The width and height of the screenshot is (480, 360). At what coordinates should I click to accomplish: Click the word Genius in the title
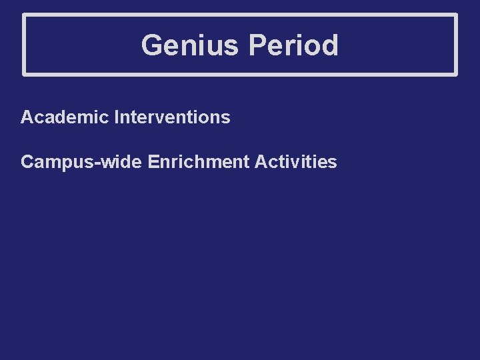point(190,46)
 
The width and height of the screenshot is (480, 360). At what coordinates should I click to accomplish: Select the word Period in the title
point(293,46)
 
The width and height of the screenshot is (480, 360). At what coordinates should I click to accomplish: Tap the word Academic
point(65,118)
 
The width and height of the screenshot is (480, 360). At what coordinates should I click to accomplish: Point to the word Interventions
point(172,118)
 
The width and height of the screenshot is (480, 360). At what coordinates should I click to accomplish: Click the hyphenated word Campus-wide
point(81,162)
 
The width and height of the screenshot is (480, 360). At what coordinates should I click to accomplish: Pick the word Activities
point(295,162)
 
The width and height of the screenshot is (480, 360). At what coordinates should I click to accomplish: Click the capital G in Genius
point(151,46)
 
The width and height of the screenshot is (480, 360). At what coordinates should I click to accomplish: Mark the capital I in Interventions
point(117,118)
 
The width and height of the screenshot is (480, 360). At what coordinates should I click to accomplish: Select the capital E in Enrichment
point(153,162)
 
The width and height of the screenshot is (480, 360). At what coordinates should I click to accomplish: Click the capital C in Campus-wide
point(27,162)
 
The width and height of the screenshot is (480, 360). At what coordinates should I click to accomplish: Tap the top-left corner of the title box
point(24,15)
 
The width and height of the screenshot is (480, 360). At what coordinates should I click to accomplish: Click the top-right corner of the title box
point(457,15)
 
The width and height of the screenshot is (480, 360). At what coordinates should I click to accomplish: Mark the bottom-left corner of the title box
point(24,74)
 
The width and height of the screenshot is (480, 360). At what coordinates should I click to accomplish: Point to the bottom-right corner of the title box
point(457,74)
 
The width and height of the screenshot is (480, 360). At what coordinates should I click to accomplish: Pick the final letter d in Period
point(331,46)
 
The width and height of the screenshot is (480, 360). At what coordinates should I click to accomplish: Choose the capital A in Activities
point(260,162)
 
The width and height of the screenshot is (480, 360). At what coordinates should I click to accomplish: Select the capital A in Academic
point(27,118)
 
